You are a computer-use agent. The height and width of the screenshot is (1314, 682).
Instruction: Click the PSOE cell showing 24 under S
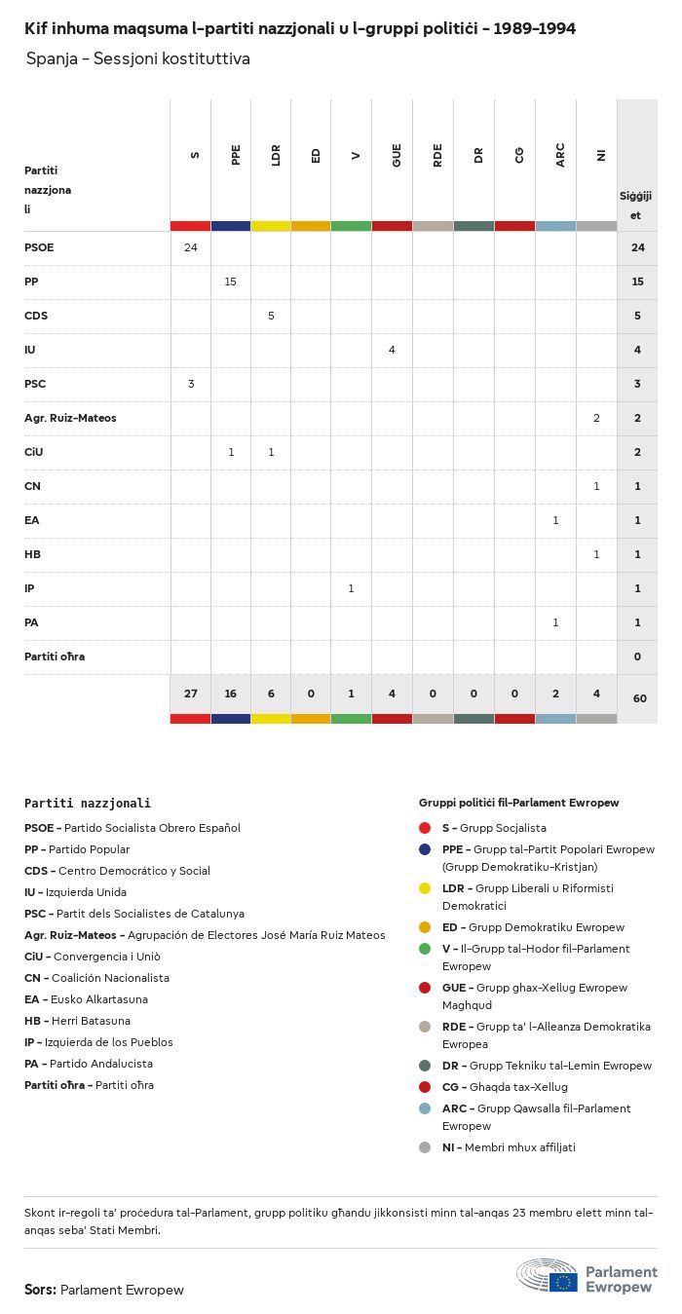tap(191, 247)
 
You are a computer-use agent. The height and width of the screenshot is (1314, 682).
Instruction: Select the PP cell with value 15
tap(231, 282)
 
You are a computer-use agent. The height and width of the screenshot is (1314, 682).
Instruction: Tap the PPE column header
tap(236, 155)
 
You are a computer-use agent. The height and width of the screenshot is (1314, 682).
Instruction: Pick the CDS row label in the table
tap(36, 316)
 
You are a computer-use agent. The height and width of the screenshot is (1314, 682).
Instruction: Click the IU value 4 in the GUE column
tap(392, 350)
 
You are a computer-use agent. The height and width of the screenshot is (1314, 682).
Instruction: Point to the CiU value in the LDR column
tap(271, 452)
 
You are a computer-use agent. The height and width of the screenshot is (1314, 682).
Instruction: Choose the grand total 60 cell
tap(637, 698)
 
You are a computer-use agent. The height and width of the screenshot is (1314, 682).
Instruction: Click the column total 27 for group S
tap(191, 694)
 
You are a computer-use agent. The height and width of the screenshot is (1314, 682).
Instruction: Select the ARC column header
tap(560, 155)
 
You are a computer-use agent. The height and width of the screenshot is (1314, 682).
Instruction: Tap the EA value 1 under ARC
tap(555, 520)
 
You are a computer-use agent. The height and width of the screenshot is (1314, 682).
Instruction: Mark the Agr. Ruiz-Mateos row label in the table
tap(70, 418)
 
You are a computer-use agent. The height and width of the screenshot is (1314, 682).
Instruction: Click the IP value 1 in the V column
tap(351, 588)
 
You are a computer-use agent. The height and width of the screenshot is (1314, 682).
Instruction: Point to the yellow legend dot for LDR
tap(425, 888)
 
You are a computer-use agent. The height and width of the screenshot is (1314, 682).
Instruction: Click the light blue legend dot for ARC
tap(425, 1108)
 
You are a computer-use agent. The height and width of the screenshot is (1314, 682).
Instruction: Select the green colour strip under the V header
tap(351, 226)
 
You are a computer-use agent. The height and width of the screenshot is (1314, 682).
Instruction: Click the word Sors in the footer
tap(39, 1290)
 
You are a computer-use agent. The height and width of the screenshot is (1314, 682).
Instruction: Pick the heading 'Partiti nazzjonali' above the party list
tap(88, 804)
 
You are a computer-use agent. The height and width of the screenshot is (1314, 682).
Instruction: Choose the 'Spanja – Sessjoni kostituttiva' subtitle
tap(137, 58)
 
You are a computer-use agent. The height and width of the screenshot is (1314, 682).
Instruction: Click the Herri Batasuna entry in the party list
tap(77, 1021)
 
